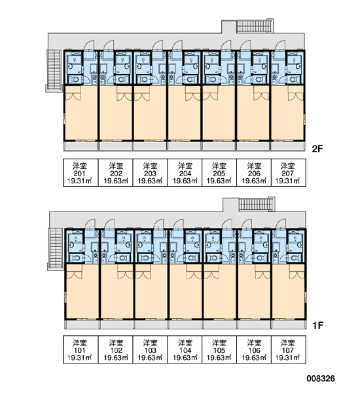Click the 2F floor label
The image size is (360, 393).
coord(317,149)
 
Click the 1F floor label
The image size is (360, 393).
coord(317,326)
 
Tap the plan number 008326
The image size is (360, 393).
coord(321,379)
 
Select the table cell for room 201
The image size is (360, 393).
coord(81,173)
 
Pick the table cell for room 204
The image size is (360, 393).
coord(185,173)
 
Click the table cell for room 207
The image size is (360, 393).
coord(289,173)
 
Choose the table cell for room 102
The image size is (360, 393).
coord(115,350)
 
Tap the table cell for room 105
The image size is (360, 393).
coord(219,350)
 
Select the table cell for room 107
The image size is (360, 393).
coord(289,350)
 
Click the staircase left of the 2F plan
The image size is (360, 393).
coord(54,70)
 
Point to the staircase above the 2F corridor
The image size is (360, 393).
coord(255,26)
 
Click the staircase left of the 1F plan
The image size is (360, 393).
coord(56,249)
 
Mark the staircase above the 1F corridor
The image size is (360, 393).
coord(256,204)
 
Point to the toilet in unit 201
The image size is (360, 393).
coord(74,80)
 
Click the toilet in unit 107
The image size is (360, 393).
coord(295,258)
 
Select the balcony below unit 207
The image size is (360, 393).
coord(288,146)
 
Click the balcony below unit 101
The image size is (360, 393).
coord(82,325)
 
